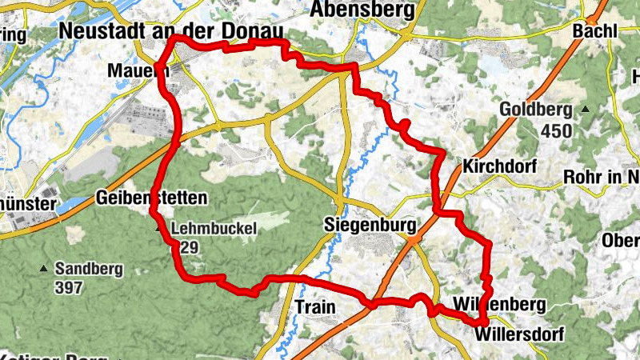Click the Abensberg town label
point(364,10)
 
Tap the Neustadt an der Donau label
point(171,30)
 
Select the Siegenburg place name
point(371,226)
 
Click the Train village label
point(314,306)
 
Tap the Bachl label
point(595,30)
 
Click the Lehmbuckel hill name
point(213,229)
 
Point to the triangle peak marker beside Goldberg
point(585,110)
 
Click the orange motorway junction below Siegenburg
point(412,238)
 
